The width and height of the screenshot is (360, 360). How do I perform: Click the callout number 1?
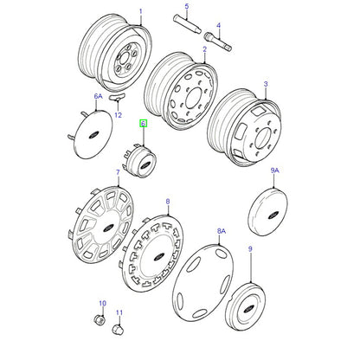141,11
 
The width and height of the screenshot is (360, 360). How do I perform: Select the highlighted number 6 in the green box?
144,124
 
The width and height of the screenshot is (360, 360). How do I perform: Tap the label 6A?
99,96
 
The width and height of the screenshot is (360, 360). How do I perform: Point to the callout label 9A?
275,170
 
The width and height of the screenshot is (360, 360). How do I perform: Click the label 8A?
222,231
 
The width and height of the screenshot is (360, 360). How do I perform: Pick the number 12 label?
118,115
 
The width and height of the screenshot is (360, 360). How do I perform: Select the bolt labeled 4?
218,42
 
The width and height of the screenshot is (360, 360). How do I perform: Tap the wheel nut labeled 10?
99,319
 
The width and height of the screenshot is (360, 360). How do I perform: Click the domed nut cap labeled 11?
118,329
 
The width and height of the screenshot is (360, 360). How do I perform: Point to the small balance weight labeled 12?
117,96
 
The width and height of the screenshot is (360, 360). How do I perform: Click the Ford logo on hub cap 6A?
93,135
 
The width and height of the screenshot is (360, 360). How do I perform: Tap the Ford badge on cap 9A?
273,215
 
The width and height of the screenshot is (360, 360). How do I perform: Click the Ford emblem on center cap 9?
249,308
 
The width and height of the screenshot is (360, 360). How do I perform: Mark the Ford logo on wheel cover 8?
158,256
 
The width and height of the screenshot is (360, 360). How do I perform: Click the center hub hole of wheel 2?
192,98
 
